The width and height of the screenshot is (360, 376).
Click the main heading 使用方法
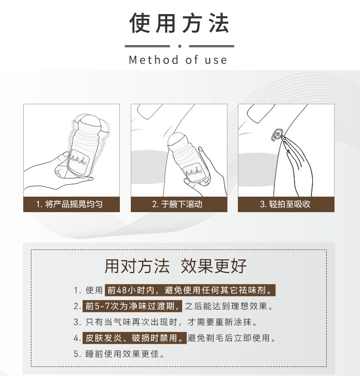(x=179, y=23)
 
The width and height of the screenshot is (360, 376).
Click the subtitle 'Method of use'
(x=178, y=60)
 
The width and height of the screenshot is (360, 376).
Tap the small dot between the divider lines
(x=180, y=46)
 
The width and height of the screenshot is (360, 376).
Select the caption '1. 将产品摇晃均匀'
(x=69, y=204)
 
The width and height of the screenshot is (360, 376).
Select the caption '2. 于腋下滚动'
(x=177, y=204)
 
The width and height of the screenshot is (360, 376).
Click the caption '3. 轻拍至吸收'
(x=285, y=204)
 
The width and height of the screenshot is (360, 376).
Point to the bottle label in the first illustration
(x=79, y=160)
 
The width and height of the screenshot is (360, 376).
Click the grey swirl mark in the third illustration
(x=277, y=135)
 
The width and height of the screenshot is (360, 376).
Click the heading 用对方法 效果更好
(x=175, y=266)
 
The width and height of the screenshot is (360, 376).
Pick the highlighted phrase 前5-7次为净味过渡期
(x=132, y=306)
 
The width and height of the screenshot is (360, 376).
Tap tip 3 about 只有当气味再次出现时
(x=165, y=322)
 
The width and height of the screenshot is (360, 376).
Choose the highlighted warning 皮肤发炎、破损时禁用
(x=134, y=338)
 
